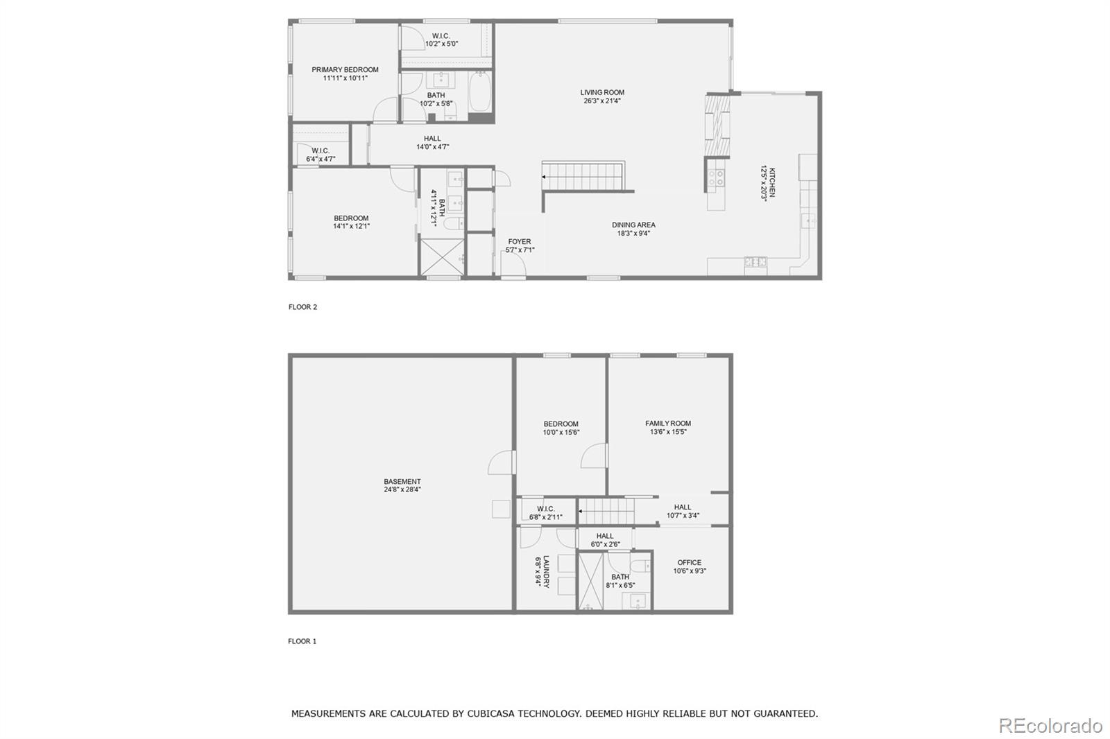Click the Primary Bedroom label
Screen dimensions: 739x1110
345,70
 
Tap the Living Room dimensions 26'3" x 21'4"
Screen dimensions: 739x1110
602,101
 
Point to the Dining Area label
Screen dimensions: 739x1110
633,225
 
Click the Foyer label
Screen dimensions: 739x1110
519,242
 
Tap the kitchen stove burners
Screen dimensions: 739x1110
716,178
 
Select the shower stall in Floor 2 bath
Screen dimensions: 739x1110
442,256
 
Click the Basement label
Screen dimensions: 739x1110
402,482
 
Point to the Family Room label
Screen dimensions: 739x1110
668,424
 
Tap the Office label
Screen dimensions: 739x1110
690,563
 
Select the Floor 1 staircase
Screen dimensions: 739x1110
608,512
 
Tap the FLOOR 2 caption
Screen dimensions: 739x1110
302,307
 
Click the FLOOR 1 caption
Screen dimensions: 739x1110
302,641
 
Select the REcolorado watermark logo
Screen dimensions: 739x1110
1050,726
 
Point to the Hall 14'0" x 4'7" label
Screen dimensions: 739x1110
432,139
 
